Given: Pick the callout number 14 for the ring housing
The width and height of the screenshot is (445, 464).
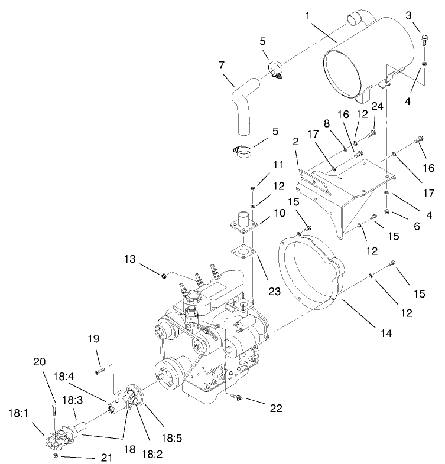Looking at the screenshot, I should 385,334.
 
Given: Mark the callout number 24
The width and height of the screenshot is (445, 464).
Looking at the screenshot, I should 376,106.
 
